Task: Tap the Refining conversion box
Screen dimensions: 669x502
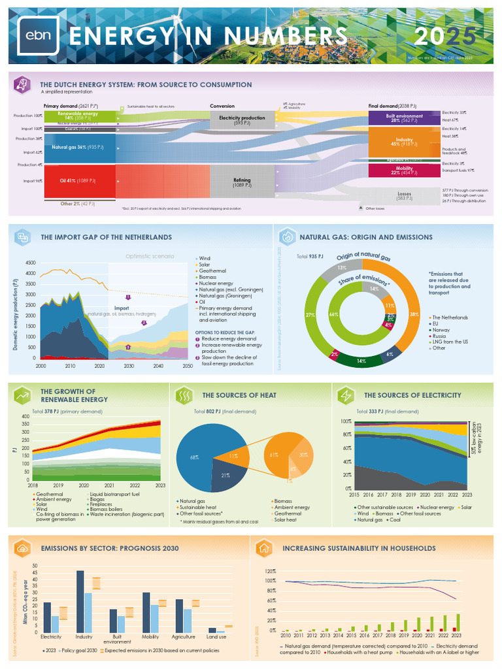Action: coord(242,182)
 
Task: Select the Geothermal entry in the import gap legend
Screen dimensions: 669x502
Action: coord(213,271)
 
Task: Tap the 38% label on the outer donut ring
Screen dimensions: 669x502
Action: coord(414,314)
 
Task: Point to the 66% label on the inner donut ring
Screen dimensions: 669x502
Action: coord(333,315)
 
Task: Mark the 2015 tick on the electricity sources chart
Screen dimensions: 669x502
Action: coord(354,495)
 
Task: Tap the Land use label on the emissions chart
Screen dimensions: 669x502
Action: coord(216,636)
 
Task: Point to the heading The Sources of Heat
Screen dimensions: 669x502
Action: coord(239,395)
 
